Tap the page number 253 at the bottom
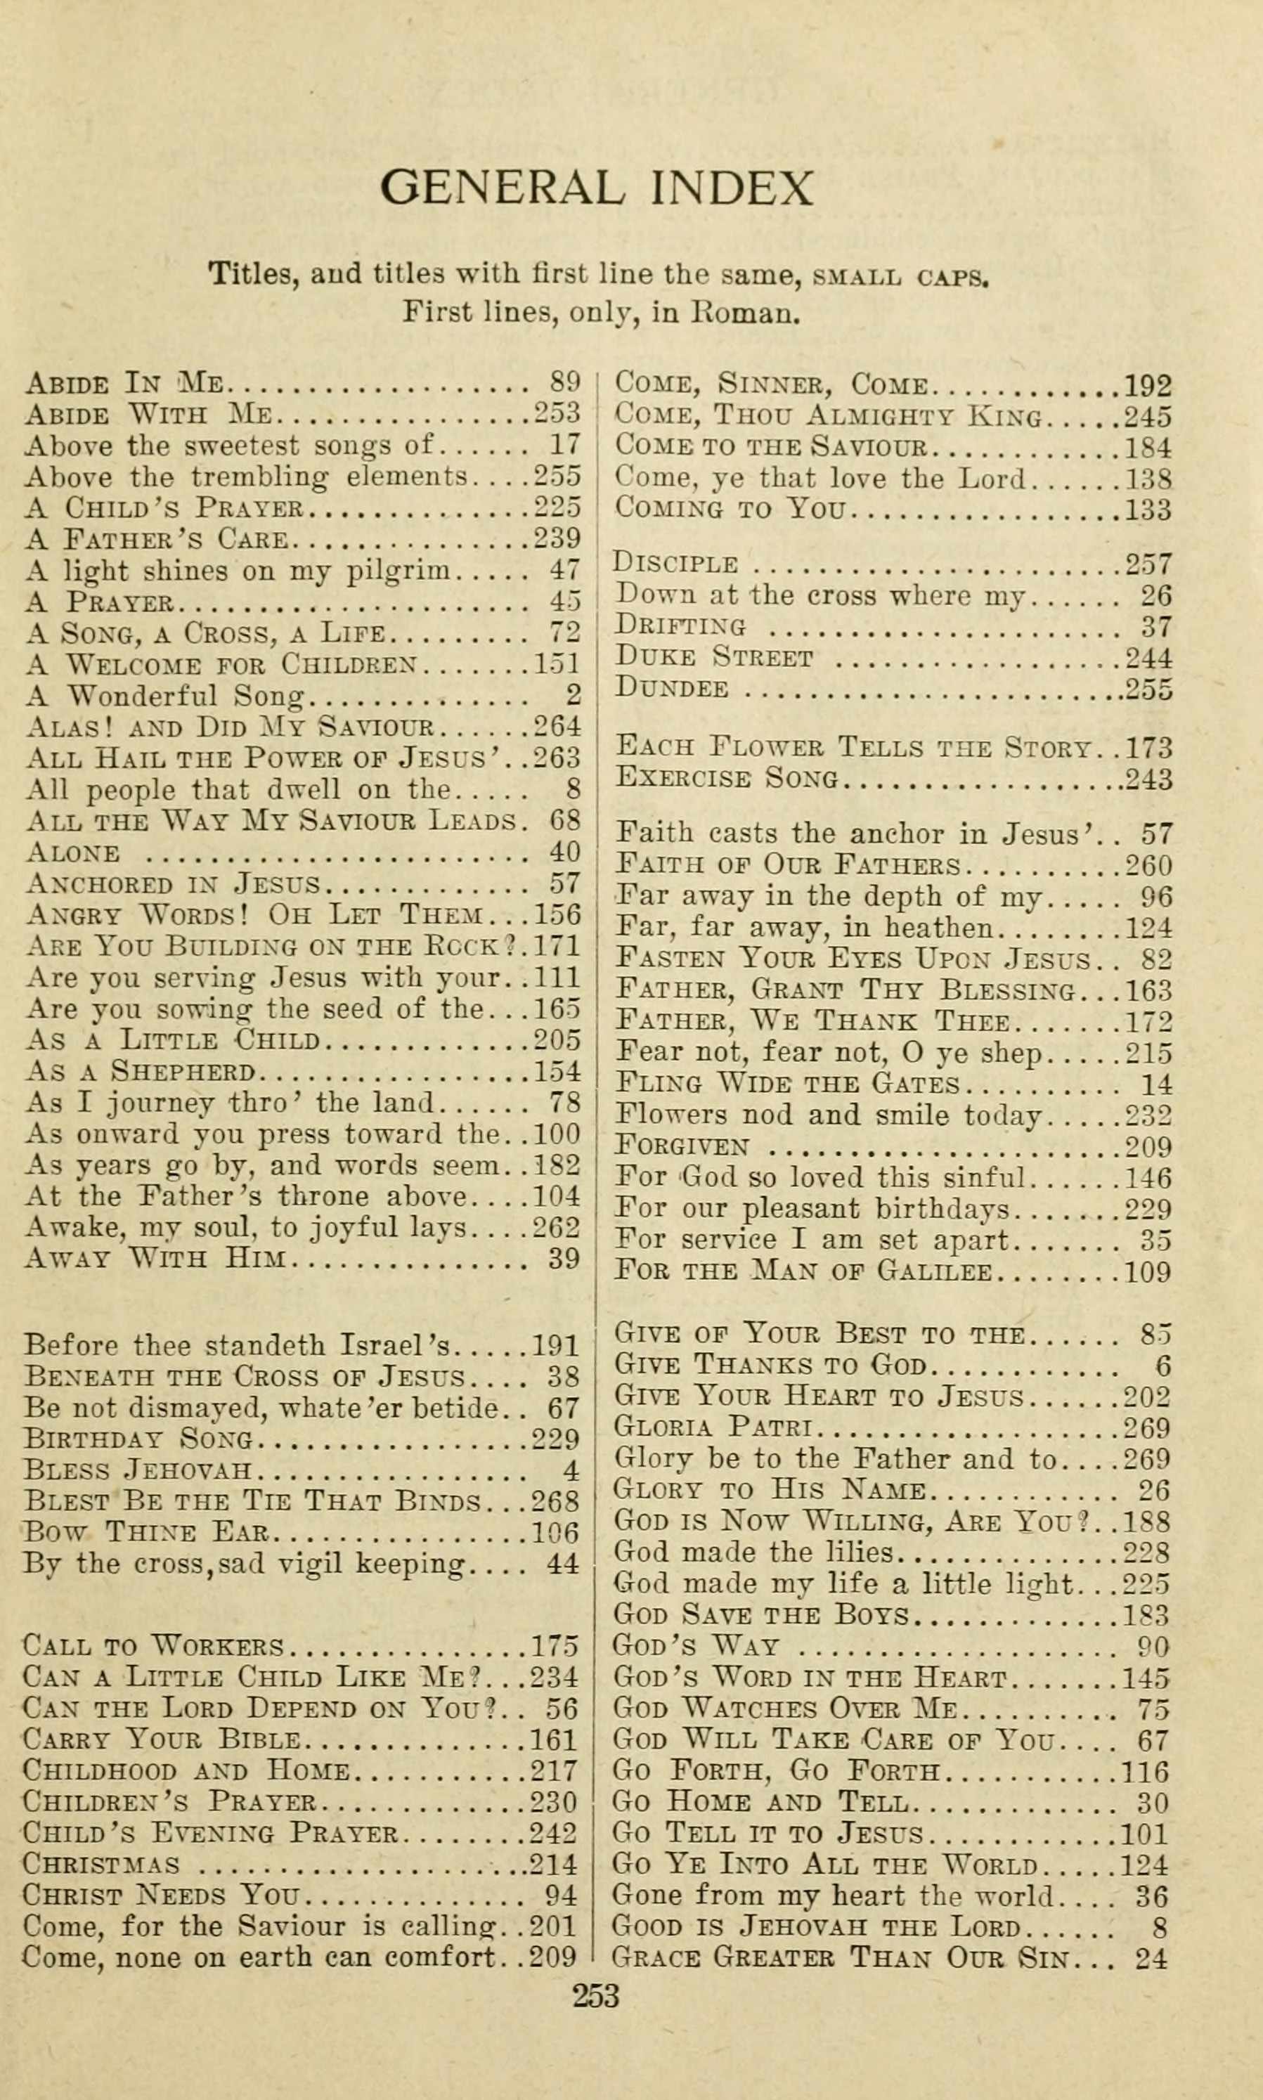point(596,1995)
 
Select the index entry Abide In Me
point(124,384)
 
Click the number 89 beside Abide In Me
point(565,382)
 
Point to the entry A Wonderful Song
point(165,696)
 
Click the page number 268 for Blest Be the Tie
point(555,1501)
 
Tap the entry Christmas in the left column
point(101,1865)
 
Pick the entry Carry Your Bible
point(161,1740)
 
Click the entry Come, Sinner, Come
point(770,384)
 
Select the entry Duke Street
point(713,658)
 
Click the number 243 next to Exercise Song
point(1148,779)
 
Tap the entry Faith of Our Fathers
point(787,865)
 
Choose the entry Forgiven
point(682,1146)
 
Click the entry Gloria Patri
point(715,1427)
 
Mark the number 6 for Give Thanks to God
point(1162,1366)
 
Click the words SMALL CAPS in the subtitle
point(901,276)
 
